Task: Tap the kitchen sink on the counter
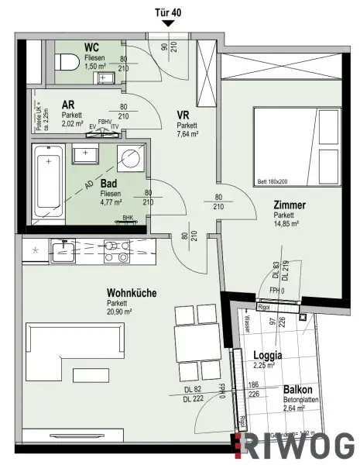pos(62,250)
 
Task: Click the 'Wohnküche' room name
pos(132,293)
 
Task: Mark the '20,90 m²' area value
pos(123,312)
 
